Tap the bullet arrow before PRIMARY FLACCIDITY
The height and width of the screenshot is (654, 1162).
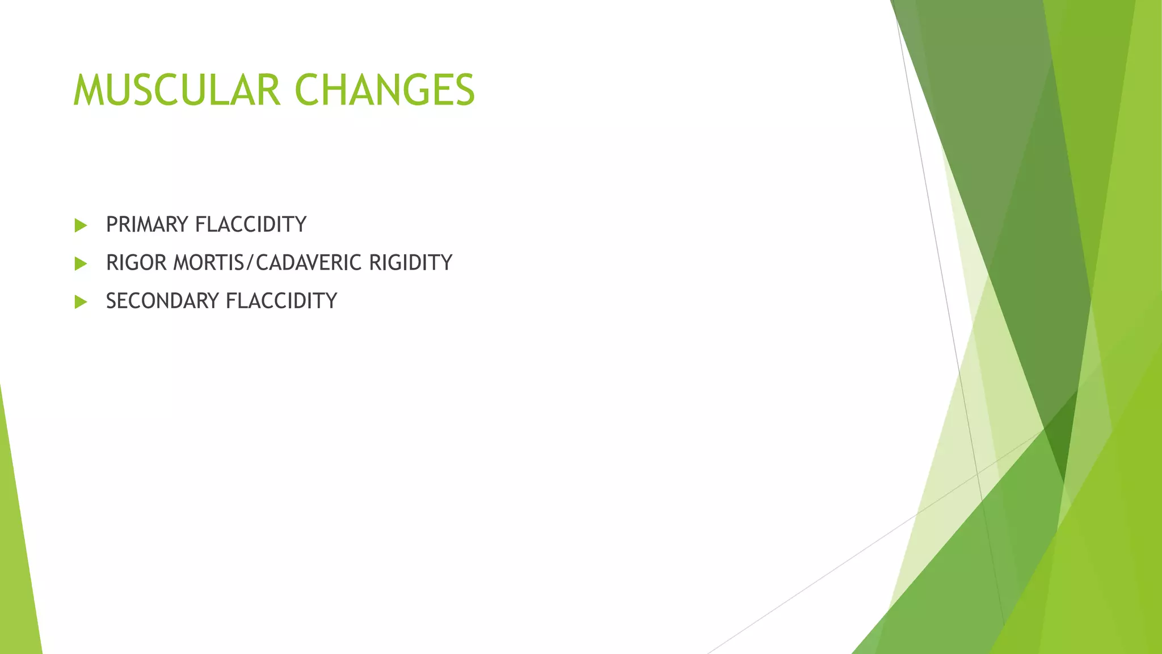[81, 225]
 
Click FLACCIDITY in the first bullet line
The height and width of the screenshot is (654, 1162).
[250, 225]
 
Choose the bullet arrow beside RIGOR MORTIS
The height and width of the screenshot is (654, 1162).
[81, 263]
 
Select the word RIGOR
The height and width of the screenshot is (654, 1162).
[137, 263]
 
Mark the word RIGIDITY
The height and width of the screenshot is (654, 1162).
[410, 263]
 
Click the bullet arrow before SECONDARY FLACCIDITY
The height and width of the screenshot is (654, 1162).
[81, 301]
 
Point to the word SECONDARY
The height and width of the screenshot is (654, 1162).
[163, 301]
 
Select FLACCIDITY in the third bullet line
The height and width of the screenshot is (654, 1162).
[281, 301]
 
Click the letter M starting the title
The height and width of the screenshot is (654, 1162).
[87, 91]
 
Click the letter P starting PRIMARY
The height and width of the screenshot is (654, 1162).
[112, 225]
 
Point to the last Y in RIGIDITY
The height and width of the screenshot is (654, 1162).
[447, 263]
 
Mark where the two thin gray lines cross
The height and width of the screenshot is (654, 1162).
[978, 473]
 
